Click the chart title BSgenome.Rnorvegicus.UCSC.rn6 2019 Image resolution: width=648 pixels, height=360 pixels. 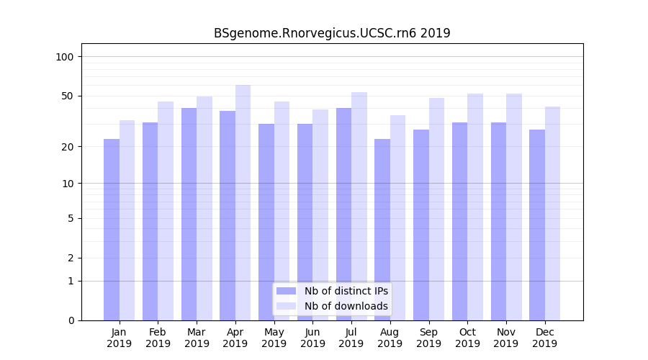pyautogui.click(x=332, y=33)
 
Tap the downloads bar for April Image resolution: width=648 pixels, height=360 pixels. pyautogui.click(x=243, y=202)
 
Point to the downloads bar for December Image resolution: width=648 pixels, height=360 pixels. pyautogui.click(x=552, y=213)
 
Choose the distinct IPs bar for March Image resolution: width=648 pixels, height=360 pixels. pyautogui.click(x=189, y=214)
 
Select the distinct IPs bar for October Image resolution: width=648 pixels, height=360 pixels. pyautogui.click(x=459, y=221)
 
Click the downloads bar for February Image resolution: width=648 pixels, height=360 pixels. pyautogui.click(x=166, y=210)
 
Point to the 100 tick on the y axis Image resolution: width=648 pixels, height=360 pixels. pyautogui.click(x=65, y=57)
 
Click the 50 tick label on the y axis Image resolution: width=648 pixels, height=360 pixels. pyautogui.click(x=68, y=96)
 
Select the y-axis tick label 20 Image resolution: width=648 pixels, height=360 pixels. pyautogui.click(x=68, y=147)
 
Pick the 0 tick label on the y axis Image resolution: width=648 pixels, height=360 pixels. pyautogui.click(x=71, y=320)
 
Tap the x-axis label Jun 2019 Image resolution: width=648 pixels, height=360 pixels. pyautogui.click(x=312, y=338)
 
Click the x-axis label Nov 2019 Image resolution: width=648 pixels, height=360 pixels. pyautogui.click(x=506, y=338)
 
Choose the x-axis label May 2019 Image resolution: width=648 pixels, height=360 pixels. pyautogui.click(x=274, y=338)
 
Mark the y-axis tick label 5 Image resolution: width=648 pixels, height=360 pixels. pyautogui.click(x=71, y=218)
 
